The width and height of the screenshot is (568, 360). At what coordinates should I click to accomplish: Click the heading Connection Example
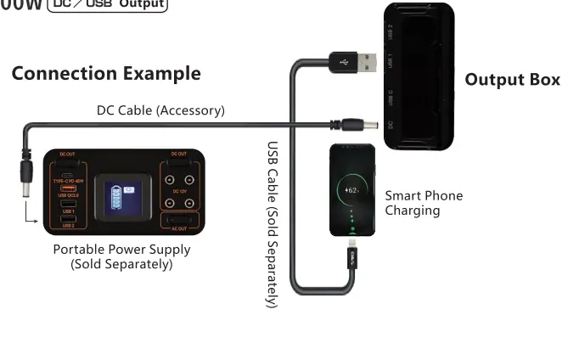click(x=106, y=73)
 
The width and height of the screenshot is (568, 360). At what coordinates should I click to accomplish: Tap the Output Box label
click(x=512, y=80)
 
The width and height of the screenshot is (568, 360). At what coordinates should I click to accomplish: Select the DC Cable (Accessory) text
click(x=160, y=110)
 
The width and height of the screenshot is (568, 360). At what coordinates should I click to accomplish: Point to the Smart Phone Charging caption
click(x=424, y=202)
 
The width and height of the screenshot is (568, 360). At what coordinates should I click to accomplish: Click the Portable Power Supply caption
click(x=121, y=256)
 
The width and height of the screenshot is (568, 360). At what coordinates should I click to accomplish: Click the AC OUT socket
click(x=179, y=221)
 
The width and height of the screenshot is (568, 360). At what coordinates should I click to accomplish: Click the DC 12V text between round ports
click(x=179, y=191)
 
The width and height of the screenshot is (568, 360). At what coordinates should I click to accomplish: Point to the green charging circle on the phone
click(x=352, y=190)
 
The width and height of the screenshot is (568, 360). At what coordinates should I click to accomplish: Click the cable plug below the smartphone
click(x=351, y=253)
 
